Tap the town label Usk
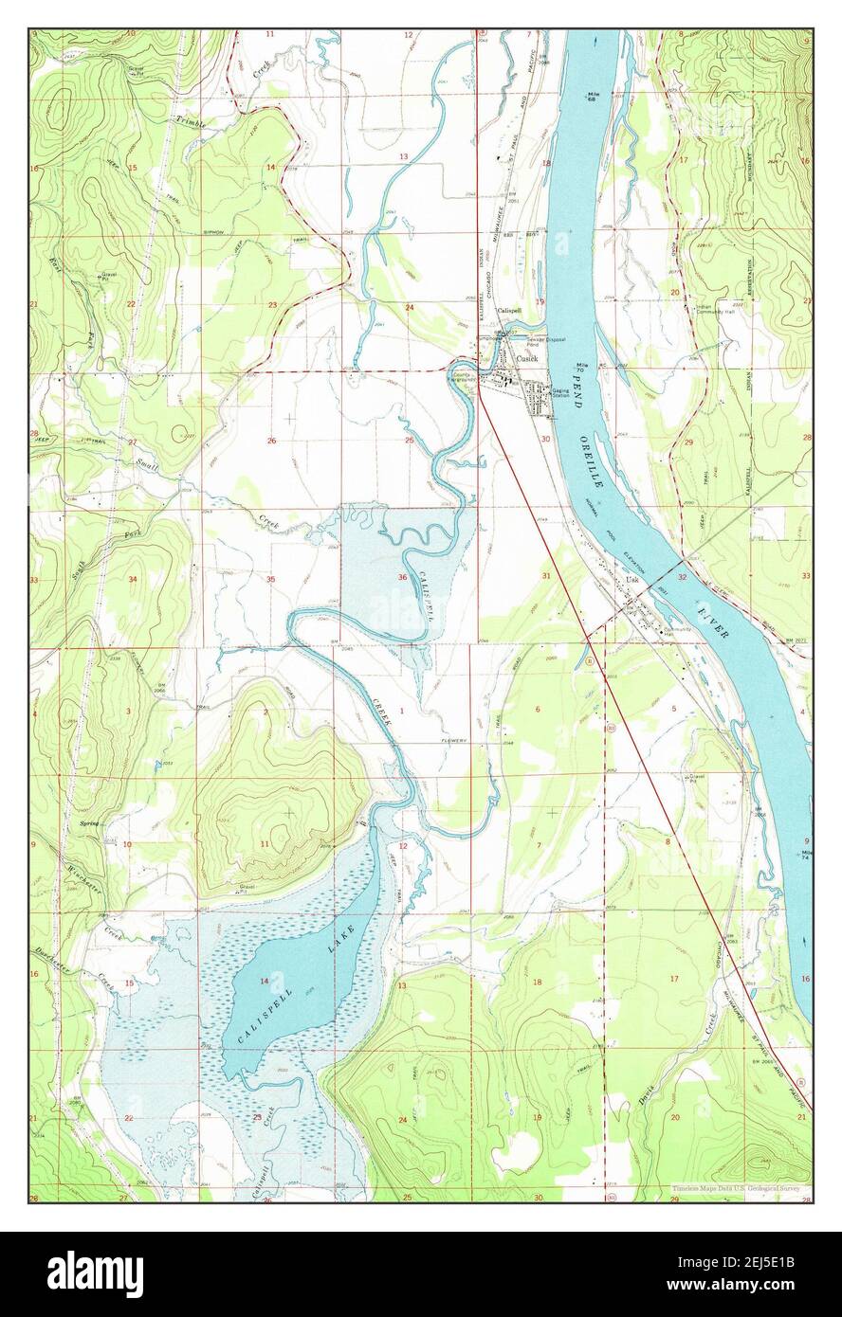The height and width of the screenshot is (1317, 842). pyautogui.click(x=631, y=581)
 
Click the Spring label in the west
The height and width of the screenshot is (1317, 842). pyautogui.click(x=90, y=824)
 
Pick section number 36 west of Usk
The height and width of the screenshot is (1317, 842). pyautogui.click(x=403, y=578)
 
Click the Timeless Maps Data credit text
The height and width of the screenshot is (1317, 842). pyautogui.click(x=736, y=1188)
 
